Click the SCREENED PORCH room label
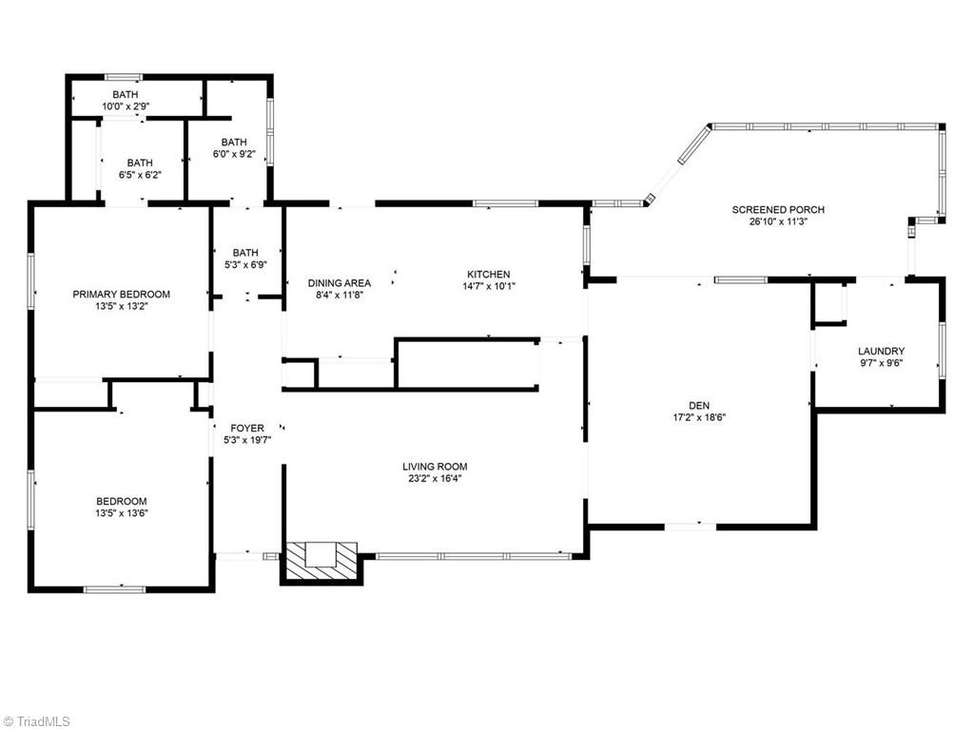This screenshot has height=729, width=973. click(x=777, y=210)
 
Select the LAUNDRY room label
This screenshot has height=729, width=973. click(x=881, y=351)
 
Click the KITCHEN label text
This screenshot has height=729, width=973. click(x=486, y=274)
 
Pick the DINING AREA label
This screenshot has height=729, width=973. click(x=339, y=283)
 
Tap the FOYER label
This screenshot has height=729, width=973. click(x=247, y=429)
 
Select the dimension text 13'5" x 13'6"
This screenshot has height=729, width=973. click(x=121, y=513)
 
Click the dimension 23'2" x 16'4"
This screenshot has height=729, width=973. click(x=435, y=478)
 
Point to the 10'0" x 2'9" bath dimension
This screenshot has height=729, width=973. click(x=126, y=106)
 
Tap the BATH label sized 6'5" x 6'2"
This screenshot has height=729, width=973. click(x=140, y=163)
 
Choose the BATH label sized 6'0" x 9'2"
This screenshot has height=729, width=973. click(x=234, y=142)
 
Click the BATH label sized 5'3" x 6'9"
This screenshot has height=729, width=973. click(x=245, y=253)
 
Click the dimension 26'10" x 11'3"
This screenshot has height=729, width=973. click(x=777, y=221)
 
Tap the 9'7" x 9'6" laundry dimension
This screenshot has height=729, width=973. click(x=881, y=362)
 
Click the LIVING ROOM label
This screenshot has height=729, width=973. click(x=435, y=467)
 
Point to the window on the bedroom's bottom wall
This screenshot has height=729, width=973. click(x=114, y=589)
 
